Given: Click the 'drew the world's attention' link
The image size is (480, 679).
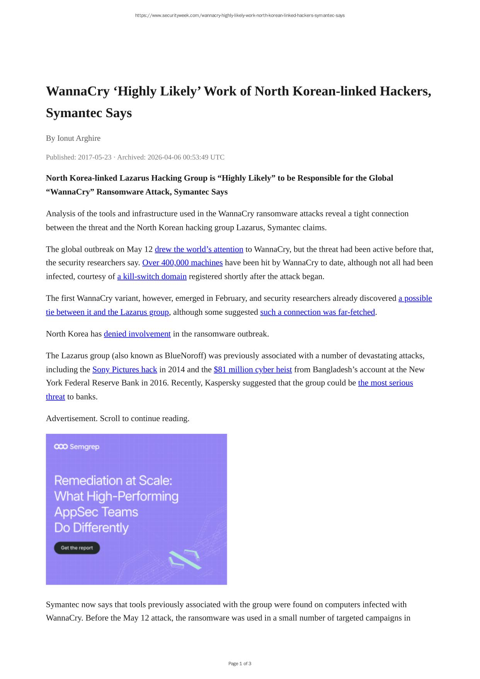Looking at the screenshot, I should tap(199, 249).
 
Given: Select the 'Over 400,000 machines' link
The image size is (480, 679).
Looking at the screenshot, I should tap(182, 263).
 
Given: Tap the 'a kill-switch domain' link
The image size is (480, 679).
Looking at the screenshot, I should tap(152, 277).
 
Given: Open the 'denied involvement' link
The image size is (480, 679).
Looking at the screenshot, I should tap(137, 334).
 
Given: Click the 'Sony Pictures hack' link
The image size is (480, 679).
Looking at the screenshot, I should tap(124, 370).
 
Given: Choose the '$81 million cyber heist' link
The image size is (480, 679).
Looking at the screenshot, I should tap(252, 370).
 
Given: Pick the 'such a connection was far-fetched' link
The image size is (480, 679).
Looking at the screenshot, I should tap(317, 312).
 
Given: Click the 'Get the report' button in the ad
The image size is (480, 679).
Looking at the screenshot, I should tap(77, 548).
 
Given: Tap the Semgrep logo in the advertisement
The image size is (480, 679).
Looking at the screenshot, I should tap(77, 447).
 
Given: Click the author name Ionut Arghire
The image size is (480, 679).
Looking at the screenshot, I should tap(79, 138).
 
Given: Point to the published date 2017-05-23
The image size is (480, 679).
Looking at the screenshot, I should tap(94, 157).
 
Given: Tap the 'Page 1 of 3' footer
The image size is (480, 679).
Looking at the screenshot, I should tap(240, 664).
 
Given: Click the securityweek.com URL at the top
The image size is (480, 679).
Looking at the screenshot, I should tap(240, 15).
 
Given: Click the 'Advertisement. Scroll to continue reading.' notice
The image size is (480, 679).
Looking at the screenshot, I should tap(117, 419).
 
